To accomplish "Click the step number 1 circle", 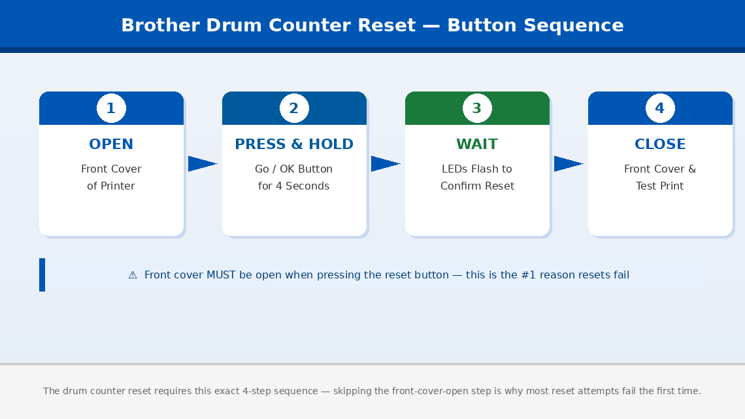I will tap(111, 109).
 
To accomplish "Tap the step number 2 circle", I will tap(294, 109).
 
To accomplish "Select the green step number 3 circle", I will tap(477, 109).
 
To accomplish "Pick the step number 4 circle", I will tap(660, 109).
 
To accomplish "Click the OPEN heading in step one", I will tap(111, 144).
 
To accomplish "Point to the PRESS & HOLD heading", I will tap(294, 144).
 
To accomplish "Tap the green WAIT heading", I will tap(477, 144).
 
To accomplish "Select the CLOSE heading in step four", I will tap(660, 144).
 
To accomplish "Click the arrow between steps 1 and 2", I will tap(202, 164).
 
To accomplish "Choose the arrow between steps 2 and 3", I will tap(385, 164).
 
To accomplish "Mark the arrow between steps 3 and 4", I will tap(568, 164).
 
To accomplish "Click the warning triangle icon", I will tap(133, 275).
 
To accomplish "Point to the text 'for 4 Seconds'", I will tap(294, 186).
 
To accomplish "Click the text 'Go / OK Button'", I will tap(294, 169).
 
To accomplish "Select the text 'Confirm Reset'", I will tap(477, 186).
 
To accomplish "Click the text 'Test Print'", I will tap(660, 186).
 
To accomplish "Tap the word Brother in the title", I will tap(161, 25).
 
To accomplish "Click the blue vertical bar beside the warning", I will tap(42, 275).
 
